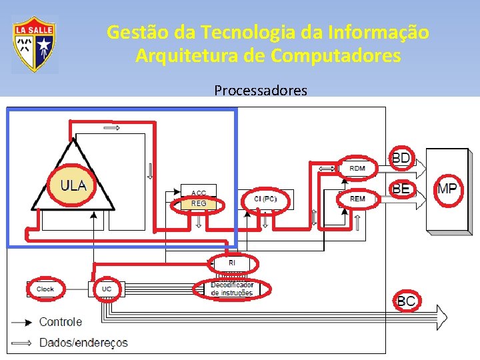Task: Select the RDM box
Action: [357, 168]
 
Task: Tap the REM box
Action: [357, 199]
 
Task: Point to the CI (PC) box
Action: [265, 199]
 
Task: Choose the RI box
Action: [232, 263]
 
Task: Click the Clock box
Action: [45, 289]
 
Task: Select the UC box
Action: [107, 289]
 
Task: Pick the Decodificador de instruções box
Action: [232, 289]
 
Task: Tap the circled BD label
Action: [401, 158]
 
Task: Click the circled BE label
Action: [401, 189]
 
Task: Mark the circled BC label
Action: [406, 301]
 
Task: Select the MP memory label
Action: [447, 189]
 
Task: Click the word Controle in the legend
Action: [61, 322]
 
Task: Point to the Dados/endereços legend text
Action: [83, 343]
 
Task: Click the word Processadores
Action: [261, 90]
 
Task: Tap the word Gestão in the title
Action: [131, 32]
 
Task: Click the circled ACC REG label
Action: [199, 199]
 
